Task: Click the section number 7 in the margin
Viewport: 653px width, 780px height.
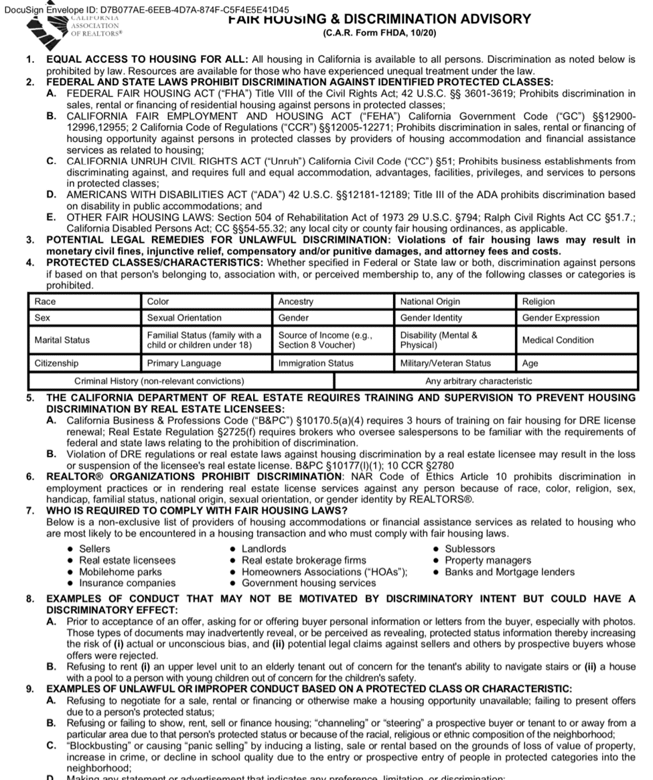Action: pos(30,511)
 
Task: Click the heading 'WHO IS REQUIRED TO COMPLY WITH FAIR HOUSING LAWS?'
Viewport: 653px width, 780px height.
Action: pos(196,511)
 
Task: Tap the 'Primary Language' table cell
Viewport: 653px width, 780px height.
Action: pos(184,363)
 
